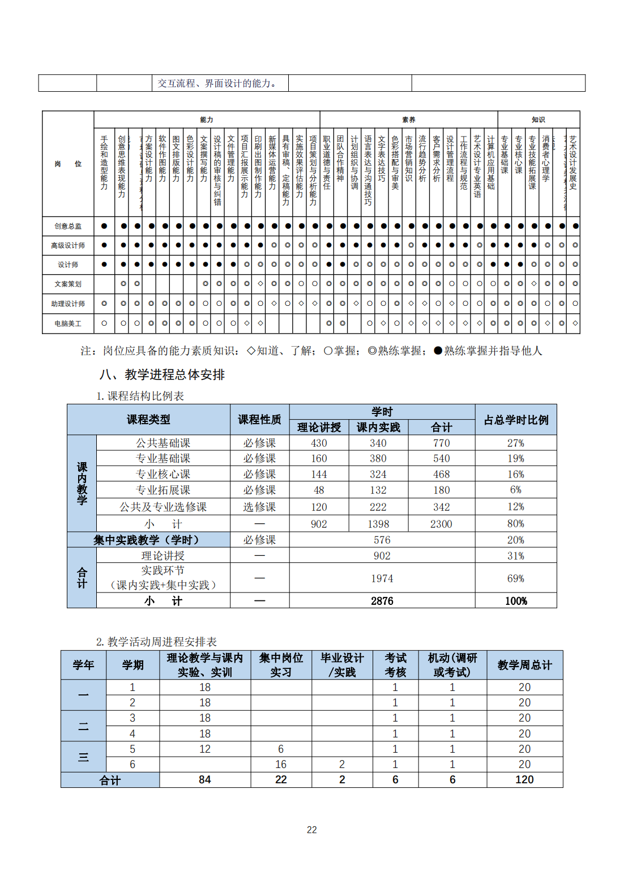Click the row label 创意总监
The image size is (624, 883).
coord(68,226)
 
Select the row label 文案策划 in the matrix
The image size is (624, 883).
coord(68,284)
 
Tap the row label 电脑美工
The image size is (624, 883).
coord(68,323)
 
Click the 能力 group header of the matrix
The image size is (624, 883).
coord(207,120)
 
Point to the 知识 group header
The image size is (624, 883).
coord(538,120)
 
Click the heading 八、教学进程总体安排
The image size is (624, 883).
coord(162,374)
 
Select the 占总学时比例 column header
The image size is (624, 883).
coord(516,420)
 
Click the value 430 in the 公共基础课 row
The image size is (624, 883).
coord(319,443)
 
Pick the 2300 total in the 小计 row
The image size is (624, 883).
coord(441,524)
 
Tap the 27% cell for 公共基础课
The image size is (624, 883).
coord(515,443)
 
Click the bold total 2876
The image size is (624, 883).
coord(382,601)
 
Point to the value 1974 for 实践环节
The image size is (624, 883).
coord(382,578)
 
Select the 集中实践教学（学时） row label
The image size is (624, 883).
coord(146,540)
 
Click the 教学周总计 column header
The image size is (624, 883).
coord(524,665)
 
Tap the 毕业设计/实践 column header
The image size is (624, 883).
coord(342,665)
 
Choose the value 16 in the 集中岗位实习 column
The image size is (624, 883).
coord(281,764)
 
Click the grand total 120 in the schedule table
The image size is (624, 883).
coord(524,780)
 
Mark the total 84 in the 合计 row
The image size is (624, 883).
coord(205,780)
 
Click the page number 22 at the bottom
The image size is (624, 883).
coord(312,830)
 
